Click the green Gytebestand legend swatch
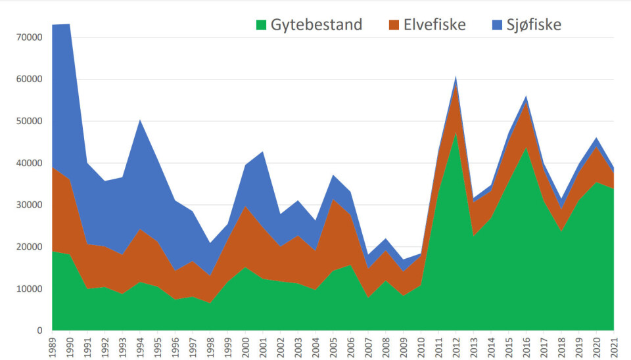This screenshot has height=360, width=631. click(x=262, y=25)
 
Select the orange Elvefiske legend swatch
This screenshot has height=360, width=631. click(x=394, y=25)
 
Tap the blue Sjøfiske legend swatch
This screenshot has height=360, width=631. click(x=496, y=25)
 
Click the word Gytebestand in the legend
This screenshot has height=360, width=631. click(x=316, y=25)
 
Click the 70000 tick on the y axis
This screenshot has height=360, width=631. click(x=28, y=37)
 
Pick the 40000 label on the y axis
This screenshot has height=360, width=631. click(x=28, y=163)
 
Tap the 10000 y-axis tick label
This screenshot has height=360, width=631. click(x=28, y=288)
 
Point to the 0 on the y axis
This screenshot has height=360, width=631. click(x=39, y=330)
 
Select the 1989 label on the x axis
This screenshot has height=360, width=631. click(x=53, y=347)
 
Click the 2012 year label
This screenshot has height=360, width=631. click(x=456, y=347)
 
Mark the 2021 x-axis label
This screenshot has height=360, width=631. click(x=613, y=347)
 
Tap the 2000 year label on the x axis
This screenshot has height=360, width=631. click(x=245, y=347)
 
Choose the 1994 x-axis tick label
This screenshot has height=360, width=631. click(x=140, y=347)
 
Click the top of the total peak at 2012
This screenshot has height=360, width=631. click(x=456, y=76)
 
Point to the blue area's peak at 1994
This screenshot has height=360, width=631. click(x=140, y=120)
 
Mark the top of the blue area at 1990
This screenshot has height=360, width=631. click(x=70, y=24)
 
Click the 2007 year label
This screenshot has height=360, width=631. click(x=368, y=347)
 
